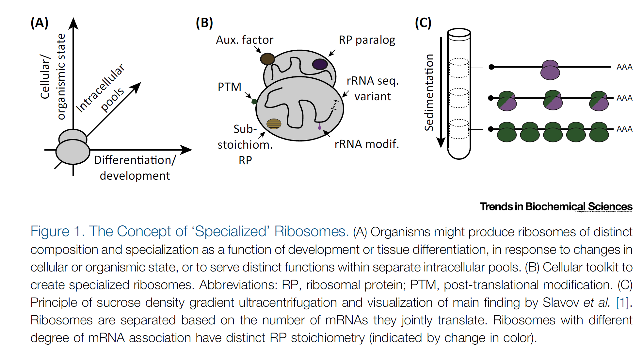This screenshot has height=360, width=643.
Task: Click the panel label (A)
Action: tap(40, 23)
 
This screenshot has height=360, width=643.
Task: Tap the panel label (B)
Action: tap(204, 23)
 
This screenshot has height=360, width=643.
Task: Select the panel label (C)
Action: tap(423, 23)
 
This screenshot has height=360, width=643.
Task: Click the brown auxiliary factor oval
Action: tap(267, 59)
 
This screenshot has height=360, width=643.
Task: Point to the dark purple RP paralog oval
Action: tap(320, 64)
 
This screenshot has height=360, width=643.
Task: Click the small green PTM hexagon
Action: tap(254, 101)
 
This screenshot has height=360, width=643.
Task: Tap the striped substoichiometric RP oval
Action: tap(274, 124)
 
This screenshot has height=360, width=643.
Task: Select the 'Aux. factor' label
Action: tap(245, 40)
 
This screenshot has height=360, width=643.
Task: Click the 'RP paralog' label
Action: tap(367, 40)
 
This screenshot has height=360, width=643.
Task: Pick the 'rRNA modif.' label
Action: tap(367, 144)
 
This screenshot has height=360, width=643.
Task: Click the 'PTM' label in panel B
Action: tap(230, 87)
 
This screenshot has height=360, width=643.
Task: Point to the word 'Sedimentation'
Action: tap(429, 92)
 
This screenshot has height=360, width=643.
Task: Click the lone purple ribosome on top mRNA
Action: tap(550, 70)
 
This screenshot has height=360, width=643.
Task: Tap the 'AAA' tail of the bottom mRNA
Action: tap(624, 129)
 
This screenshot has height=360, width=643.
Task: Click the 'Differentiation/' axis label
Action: tap(135, 160)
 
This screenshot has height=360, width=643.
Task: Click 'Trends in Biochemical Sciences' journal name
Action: tap(556, 206)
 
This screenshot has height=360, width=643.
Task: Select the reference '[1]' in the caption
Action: tap(622, 303)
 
